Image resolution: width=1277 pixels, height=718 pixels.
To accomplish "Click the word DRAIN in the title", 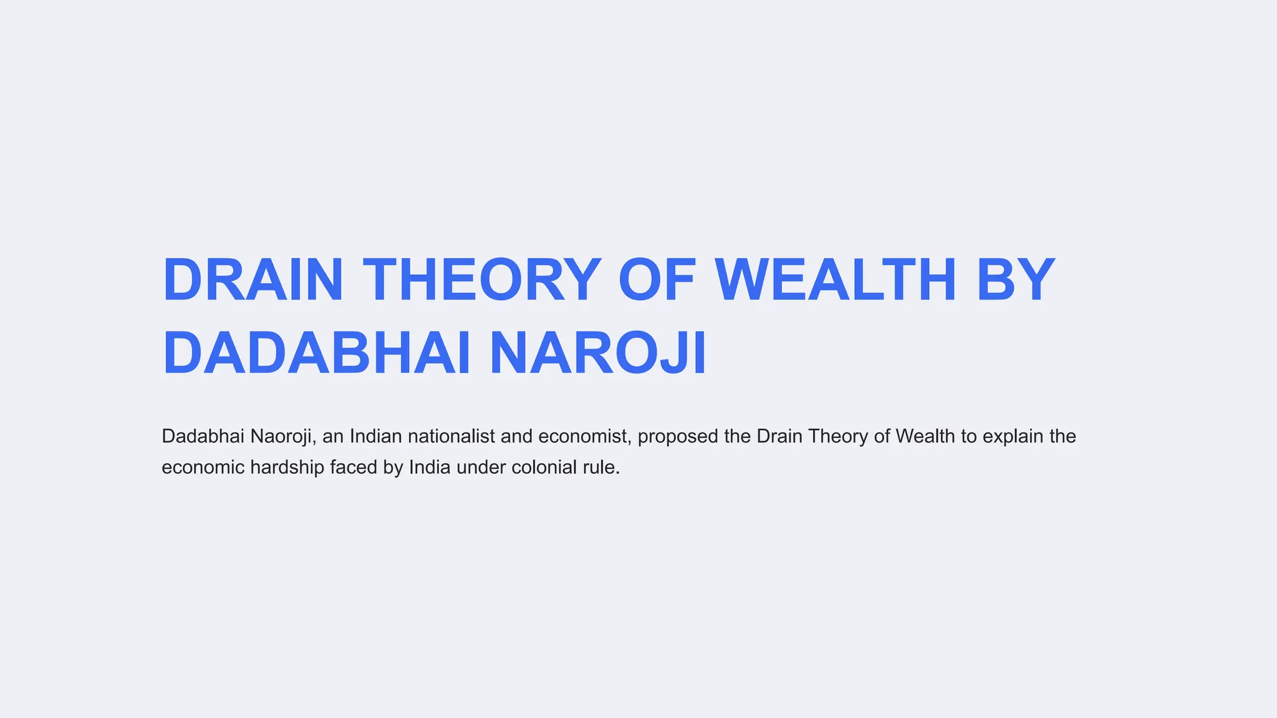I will point(253,280).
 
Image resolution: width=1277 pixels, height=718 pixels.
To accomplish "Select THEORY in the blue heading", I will point(482,280).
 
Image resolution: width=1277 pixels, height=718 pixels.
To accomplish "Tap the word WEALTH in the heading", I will point(835,280).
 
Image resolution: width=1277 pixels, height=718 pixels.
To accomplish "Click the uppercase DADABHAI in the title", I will point(316,353).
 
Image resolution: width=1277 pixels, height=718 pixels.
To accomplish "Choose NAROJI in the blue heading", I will point(598,353).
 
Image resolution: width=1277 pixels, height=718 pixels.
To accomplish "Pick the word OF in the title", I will point(657,280).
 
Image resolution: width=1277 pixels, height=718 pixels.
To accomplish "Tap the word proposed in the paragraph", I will point(678,436).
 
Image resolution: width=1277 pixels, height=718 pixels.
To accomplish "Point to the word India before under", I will point(430,467).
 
